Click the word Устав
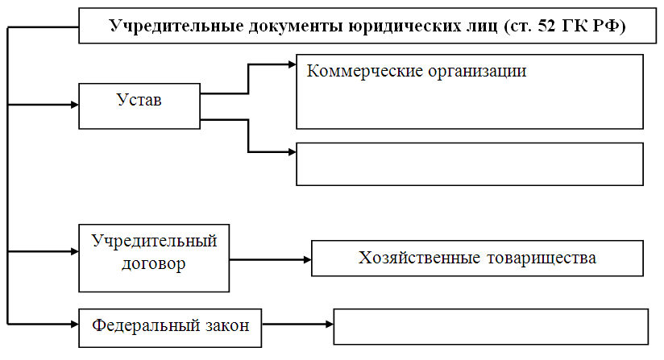point(139,100)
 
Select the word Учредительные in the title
point(176,27)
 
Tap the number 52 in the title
point(546,27)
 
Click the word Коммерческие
point(365,71)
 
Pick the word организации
point(477,72)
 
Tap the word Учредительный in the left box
point(154,241)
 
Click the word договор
point(154,264)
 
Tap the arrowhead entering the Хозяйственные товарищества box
point(308,260)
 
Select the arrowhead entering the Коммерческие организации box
point(293,64)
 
